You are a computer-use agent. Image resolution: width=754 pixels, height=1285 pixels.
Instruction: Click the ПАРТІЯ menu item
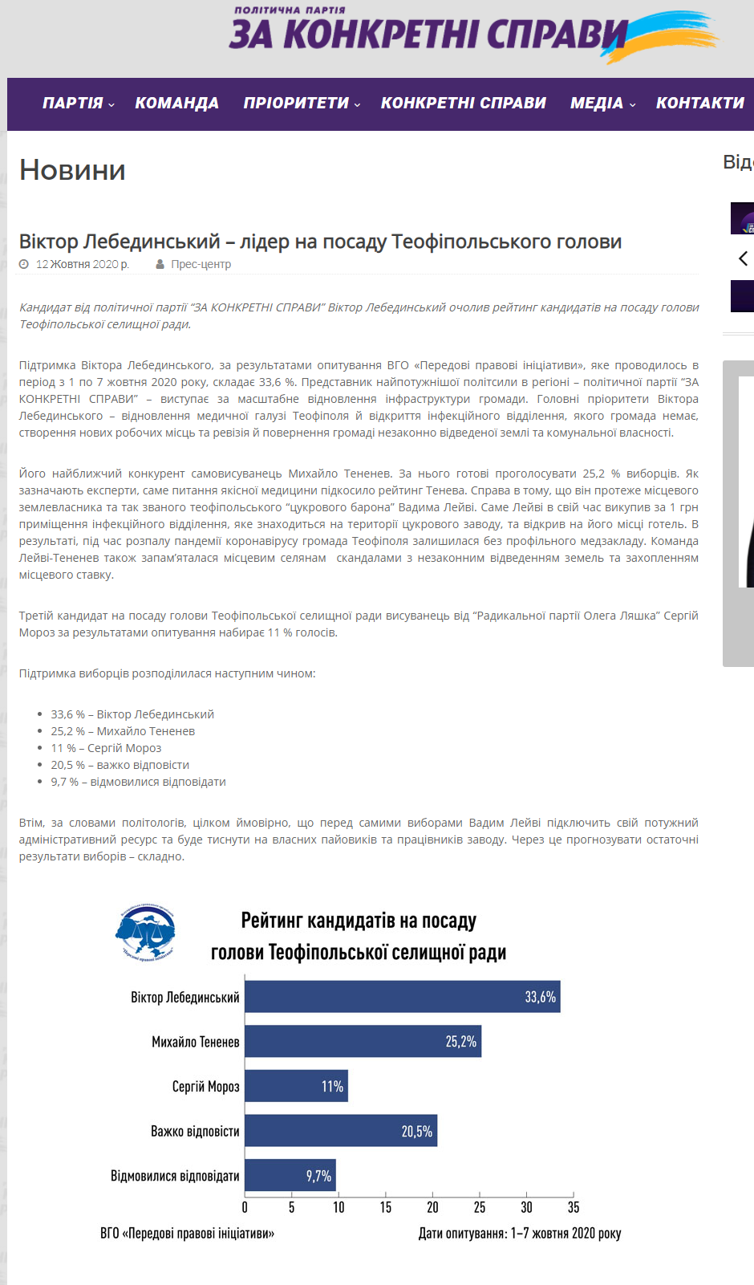point(73,104)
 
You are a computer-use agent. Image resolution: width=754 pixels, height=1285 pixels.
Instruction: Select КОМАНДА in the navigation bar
point(176,104)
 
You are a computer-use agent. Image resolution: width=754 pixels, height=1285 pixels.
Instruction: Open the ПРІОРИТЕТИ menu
point(297,104)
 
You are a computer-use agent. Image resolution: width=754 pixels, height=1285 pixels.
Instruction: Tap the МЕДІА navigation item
point(597,104)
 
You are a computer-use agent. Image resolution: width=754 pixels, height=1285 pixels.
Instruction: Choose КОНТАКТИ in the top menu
point(699,104)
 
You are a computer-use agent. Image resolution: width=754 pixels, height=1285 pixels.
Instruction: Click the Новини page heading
point(72,170)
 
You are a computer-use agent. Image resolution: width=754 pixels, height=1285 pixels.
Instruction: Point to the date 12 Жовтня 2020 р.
point(82,264)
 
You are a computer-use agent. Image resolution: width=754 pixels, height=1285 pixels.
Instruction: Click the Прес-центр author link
point(201,264)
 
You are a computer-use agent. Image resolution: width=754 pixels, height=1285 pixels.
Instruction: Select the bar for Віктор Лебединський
point(402,997)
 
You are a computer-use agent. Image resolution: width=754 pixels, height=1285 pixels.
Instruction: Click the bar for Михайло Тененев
point(363,1042)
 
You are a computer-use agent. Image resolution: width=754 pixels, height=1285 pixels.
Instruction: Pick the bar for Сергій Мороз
point(296,1086)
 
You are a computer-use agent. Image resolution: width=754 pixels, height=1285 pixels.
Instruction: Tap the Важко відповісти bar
point(341,1131)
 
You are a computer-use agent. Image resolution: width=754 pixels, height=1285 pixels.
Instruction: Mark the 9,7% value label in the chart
point(318,1176)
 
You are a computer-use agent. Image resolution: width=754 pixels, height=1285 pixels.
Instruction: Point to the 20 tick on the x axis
point(432,1207)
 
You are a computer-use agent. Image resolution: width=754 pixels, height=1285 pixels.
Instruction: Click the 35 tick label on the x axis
point(573,1207)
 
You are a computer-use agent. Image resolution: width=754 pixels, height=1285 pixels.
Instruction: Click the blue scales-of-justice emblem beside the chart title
point(145,933)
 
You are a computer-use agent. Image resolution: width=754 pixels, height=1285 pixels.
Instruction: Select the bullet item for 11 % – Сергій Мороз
point(106,748)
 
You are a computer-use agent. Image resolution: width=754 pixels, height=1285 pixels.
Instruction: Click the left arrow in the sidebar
point(743,258)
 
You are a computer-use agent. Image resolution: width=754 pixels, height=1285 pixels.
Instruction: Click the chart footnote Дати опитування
point(519,1234)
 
